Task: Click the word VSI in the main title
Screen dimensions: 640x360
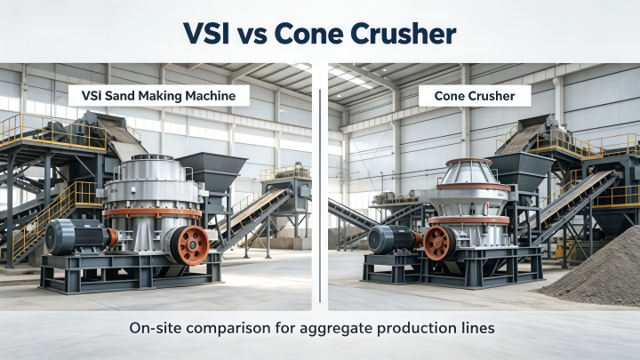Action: (x=205, y=33)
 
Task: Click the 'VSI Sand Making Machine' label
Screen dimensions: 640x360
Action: (x=159, y=96)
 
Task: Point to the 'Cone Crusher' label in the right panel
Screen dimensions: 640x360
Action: (x=475, y=96)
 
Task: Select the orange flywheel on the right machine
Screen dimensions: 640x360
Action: (x=440, y=243)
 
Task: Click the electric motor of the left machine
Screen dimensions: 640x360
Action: (x=76, y=237)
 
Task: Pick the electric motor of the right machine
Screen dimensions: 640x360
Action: (x=391, y=240)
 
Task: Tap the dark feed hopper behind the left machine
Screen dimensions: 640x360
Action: (x=212, y=171)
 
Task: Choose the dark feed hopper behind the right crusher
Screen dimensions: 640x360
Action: (x=521, y=170)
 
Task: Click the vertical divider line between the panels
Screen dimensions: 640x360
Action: (x=320, y=196)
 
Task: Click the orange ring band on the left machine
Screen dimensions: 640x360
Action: (x=153, y=212)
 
